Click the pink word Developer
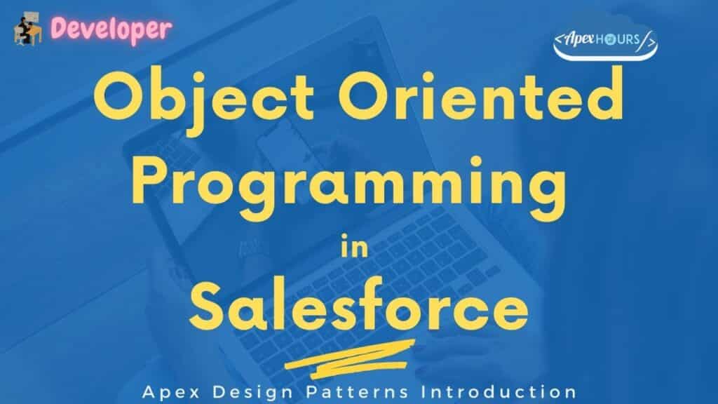click(x=111, y=27)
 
